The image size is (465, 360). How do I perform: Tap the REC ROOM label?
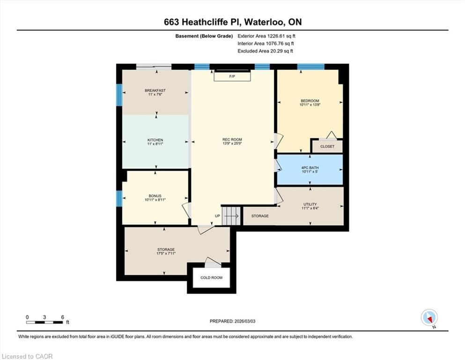tap(232, 139)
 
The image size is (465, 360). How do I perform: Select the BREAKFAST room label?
tap(155, 90)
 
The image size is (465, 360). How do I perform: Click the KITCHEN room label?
tap(155, 140)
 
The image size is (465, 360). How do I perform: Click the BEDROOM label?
tap(310, 101)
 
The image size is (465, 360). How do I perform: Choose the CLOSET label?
tap(327, 146)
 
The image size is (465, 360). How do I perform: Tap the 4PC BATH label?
tap(310, 167)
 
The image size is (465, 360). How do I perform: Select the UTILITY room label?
tap(310, 204)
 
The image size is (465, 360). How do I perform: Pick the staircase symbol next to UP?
tap(231, 216)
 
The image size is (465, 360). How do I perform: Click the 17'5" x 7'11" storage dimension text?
tap(166, 254)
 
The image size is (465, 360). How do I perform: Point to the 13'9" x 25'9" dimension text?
tap(232, 143)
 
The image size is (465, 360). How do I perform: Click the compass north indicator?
tap(429, 318)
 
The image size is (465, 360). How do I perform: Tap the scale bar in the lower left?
tap(45, 322)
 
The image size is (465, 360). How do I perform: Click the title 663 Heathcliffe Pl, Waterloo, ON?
tap(232, 22)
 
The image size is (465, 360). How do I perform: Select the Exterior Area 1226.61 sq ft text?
tap(266, 36)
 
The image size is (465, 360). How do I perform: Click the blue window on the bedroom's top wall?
tap(310, 67)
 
